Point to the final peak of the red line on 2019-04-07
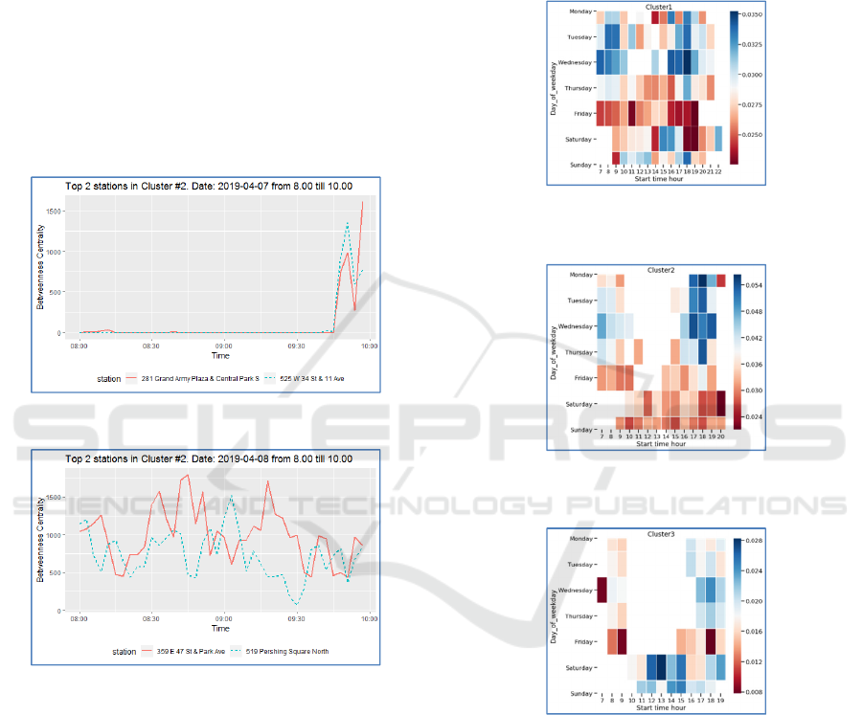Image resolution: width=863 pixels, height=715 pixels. [x=362, y=202]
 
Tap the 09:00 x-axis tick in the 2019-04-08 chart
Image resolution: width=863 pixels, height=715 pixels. [x=223, y=619]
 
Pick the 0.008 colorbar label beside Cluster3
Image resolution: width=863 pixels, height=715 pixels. [x=754, y=687]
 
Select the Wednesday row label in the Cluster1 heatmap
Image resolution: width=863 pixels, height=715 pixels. [x=577, y=63]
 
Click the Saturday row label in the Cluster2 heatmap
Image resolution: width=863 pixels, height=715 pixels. [x=579, y=404]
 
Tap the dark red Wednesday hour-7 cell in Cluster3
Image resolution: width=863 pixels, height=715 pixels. [x=602, y=591]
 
